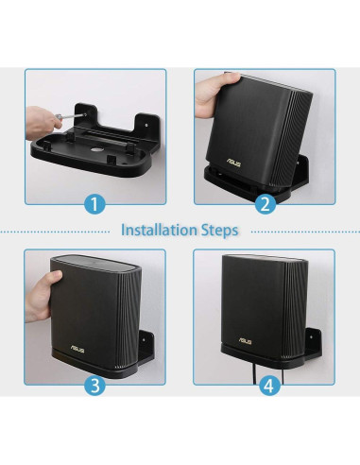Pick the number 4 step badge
[266, 384]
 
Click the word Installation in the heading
[160, 230]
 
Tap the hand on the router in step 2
[210, 90]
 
